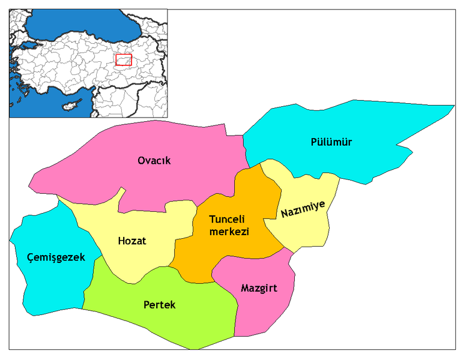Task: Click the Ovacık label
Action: click(154, 161)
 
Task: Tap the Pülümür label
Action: click(331, 142)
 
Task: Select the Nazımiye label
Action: click(303, 209)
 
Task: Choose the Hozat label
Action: click(132, 241)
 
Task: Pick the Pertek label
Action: click(160, 305)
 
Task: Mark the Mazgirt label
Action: click(259, 288)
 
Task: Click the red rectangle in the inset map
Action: click(123, 60)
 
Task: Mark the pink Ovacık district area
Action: click(180, 186)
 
